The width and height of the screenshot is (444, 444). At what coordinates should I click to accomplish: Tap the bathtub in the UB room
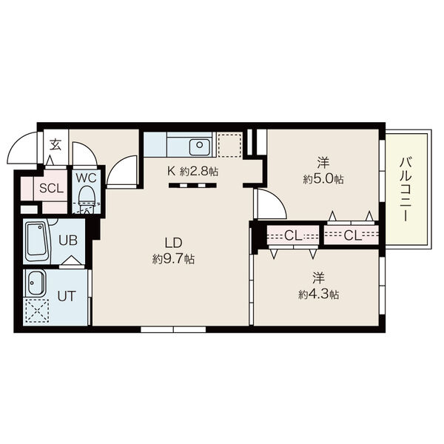tap(36, 242)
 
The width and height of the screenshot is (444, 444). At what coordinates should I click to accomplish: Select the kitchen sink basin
tap(200, 147)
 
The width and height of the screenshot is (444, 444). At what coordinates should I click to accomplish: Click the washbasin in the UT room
tap(35, 283)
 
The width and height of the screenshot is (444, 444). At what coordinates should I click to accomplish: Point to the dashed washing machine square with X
tap(37, 311)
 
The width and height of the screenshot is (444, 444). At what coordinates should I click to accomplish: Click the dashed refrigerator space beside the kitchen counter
tap(229, 145)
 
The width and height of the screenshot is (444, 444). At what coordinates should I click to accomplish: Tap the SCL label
tap(51, 188)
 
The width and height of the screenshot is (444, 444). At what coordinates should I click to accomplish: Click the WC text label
tap(86, 178)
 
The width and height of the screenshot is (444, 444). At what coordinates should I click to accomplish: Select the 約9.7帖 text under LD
tap(173, 258)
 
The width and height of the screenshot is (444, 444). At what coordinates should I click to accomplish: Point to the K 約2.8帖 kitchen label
tap(193, 171)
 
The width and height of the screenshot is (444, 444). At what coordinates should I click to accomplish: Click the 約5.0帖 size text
tap(323, 179)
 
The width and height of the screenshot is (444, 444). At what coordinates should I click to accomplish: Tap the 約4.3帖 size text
tap(318, 295)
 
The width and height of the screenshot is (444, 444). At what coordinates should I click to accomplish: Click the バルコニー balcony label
tap(405, 189)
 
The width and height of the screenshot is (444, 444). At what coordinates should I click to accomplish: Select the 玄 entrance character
tap(55, 145)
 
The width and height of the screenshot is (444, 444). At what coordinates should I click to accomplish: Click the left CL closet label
tap(293, 235)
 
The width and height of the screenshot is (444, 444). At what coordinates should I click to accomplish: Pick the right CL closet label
tap(352, 235)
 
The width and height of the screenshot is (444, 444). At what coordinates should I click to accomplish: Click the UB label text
tap(68, 240)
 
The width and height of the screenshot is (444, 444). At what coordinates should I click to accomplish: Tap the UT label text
tap(67, 297)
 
